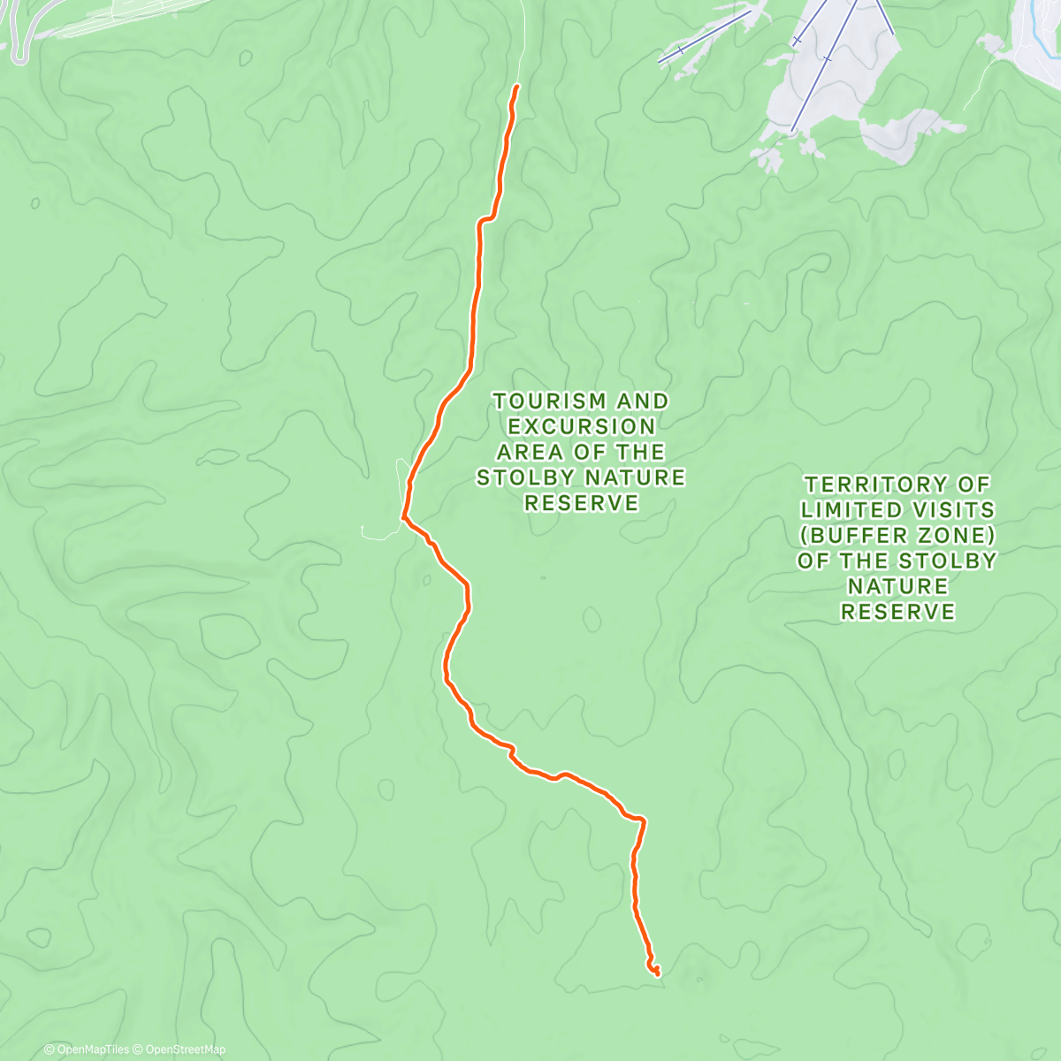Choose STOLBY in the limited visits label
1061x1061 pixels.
(948, 561)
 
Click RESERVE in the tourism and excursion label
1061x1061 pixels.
(581, 503)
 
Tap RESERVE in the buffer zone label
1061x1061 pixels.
(897, 612)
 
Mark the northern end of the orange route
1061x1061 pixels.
(516, 86)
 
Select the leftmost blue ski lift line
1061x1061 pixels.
(704, 37)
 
